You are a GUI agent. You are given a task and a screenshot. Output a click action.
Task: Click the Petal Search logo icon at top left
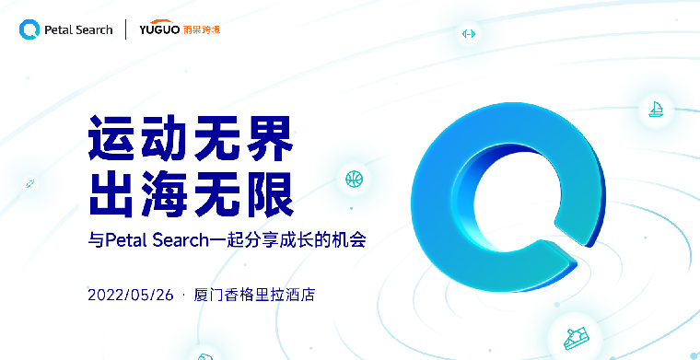tap(29, 29)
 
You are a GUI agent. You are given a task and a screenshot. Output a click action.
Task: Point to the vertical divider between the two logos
tap(126, 29)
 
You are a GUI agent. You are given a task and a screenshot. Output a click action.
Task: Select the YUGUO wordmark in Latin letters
tap(159, 29)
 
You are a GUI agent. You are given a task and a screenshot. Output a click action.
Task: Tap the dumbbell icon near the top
tap(468, 34)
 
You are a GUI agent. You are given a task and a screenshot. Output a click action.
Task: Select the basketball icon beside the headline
tap(354, 178)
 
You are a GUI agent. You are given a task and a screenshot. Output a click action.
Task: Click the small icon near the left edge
tap(29, 184)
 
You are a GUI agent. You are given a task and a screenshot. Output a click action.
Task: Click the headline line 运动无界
tap(190, 139)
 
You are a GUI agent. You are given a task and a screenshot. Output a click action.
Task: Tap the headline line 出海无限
tap(190, 192)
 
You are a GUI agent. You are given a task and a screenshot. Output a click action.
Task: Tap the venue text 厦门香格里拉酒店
tap(259, 296)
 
